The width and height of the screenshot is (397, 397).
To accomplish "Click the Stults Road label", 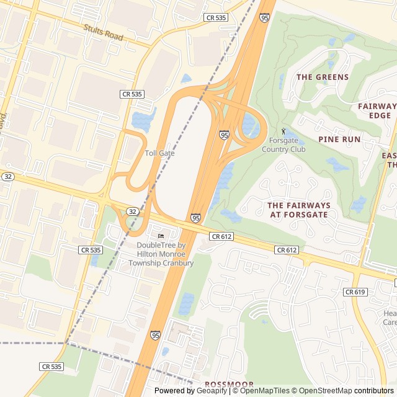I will pos(104,33).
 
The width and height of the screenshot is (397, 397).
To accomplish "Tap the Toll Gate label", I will pos(159,153).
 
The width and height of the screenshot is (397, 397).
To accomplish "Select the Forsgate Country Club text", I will pos(283,145).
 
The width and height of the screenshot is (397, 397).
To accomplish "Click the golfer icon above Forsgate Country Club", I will pos(284,132).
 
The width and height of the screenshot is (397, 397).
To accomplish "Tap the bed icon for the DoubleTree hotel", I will pos(161,236).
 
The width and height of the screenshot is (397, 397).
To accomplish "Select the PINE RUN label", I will pos(339,139).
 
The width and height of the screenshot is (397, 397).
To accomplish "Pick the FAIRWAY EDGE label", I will pos(377,110).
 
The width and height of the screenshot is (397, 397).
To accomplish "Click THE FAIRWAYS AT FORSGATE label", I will pos(299,210).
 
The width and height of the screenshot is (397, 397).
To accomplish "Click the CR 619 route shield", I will pos(355,292).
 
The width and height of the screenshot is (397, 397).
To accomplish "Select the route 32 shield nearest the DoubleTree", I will pos(133,212).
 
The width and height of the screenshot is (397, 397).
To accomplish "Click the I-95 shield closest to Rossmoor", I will pos(155,335).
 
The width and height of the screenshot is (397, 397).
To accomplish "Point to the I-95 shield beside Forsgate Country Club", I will pos(224,135).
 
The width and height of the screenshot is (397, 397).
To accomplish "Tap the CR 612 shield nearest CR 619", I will pos(287,249).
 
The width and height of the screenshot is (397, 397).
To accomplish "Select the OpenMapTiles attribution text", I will pos(265,391).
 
